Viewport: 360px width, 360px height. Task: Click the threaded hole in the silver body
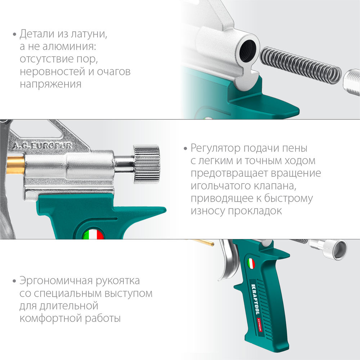[248, 48]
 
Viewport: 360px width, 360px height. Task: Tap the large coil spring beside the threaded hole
[300, 64]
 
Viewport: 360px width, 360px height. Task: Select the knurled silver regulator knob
[146, 164]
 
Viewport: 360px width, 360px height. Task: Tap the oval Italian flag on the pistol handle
[251, 264]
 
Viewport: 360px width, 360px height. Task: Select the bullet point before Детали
[15, 35]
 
